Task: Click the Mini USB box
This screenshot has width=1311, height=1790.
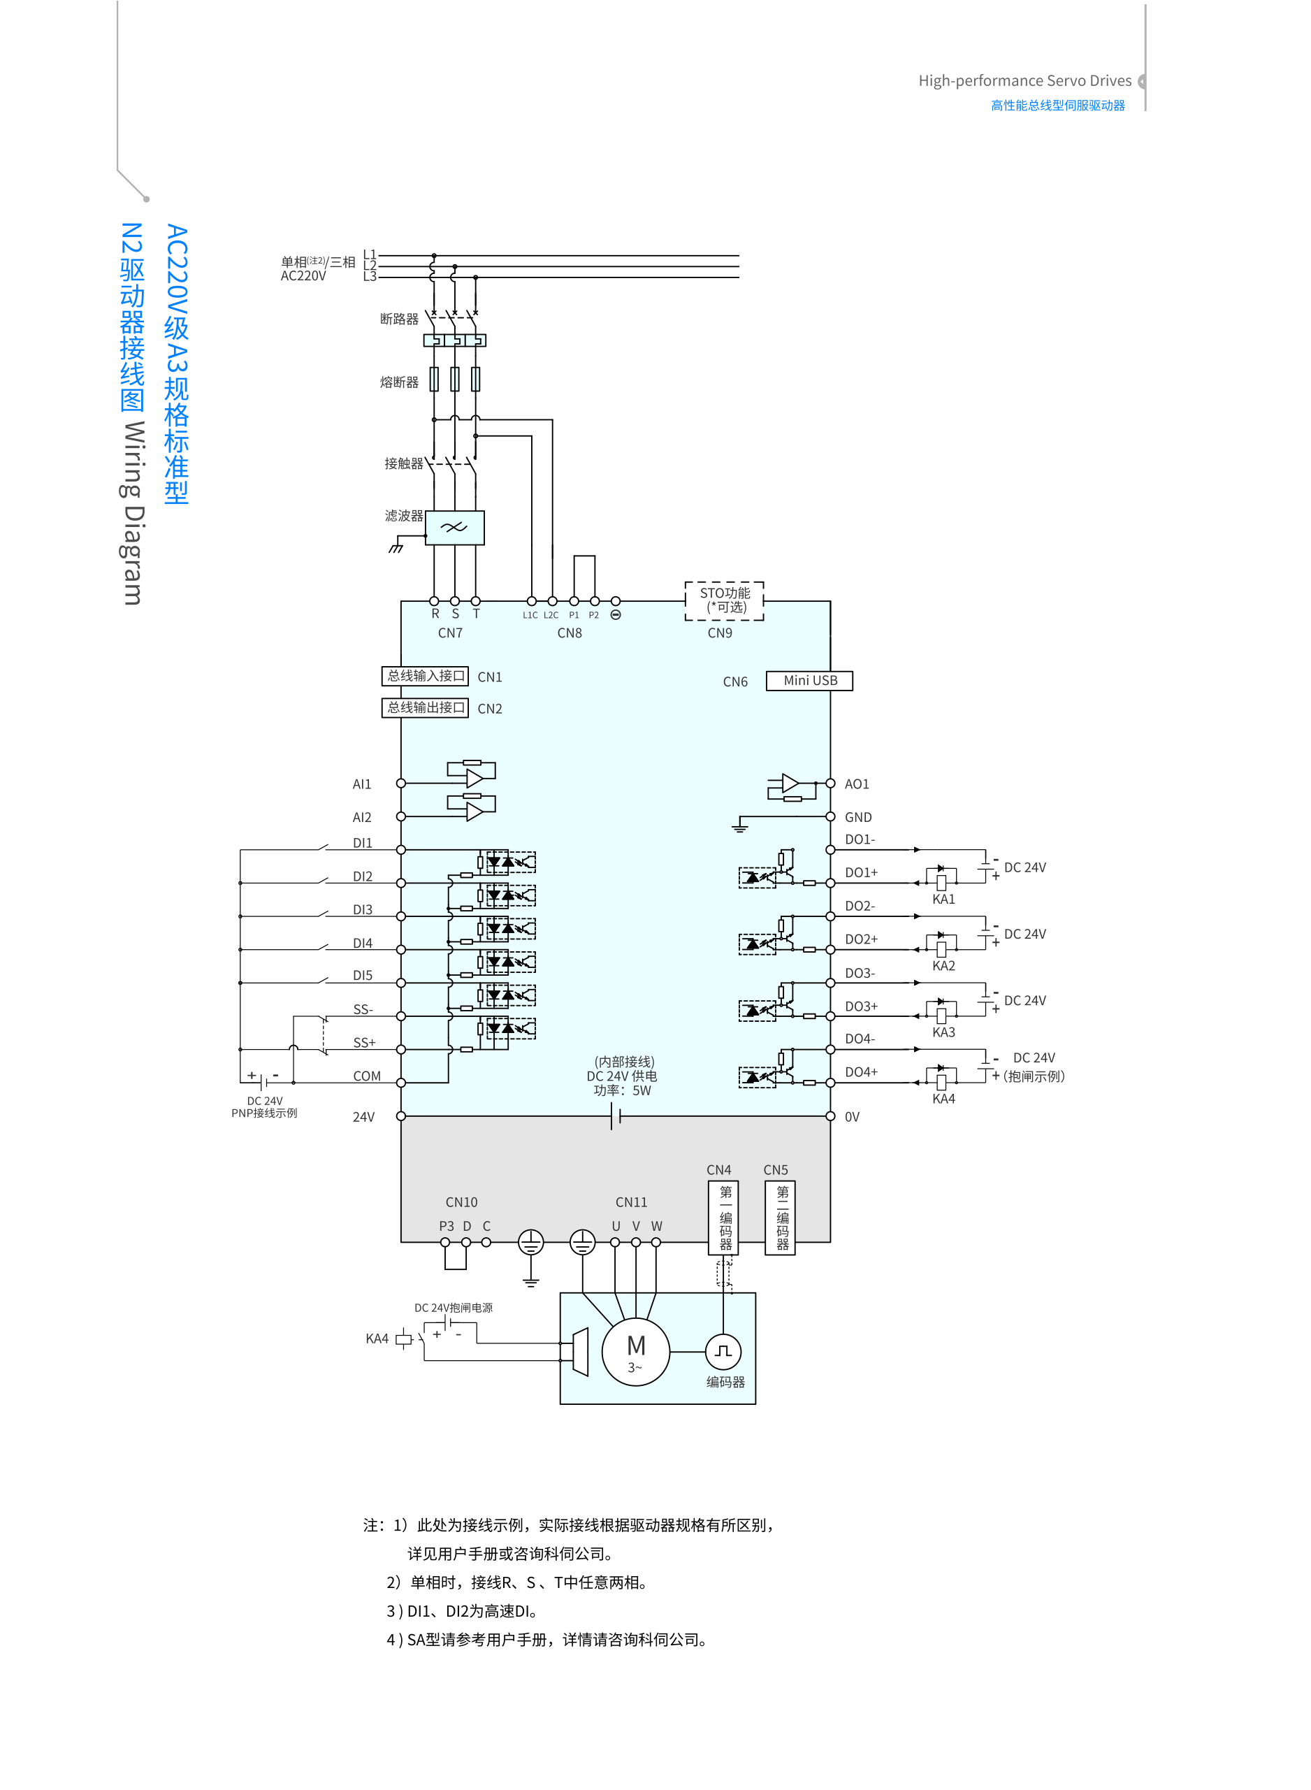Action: pos(809,681)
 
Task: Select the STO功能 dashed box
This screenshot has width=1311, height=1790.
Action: pos(724,600)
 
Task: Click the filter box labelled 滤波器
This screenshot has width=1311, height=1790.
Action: pos(454,527)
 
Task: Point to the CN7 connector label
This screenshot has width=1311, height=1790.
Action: pos(450,633)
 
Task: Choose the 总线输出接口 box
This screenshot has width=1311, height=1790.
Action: pos(425,707)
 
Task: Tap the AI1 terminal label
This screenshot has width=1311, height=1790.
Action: pos(362,784)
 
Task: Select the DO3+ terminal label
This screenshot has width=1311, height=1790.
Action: pos(861,1006)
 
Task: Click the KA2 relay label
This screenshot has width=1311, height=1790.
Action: pos(943,966)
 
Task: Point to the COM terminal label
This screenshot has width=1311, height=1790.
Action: pos(367,1076)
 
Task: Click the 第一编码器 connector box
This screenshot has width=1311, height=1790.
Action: pos(724,1218)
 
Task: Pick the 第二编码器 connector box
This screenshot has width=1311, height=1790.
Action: pos(781,1218)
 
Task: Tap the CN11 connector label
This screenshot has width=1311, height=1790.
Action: pos(631,1203)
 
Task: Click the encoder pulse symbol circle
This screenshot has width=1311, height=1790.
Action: pos(723,1351)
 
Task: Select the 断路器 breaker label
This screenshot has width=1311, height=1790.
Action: pos(399,319)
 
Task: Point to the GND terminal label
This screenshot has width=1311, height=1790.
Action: pos(858,818)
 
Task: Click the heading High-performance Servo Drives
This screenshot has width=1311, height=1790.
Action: pos(1024,81)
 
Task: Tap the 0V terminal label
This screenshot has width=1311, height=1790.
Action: pos(851,1117)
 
